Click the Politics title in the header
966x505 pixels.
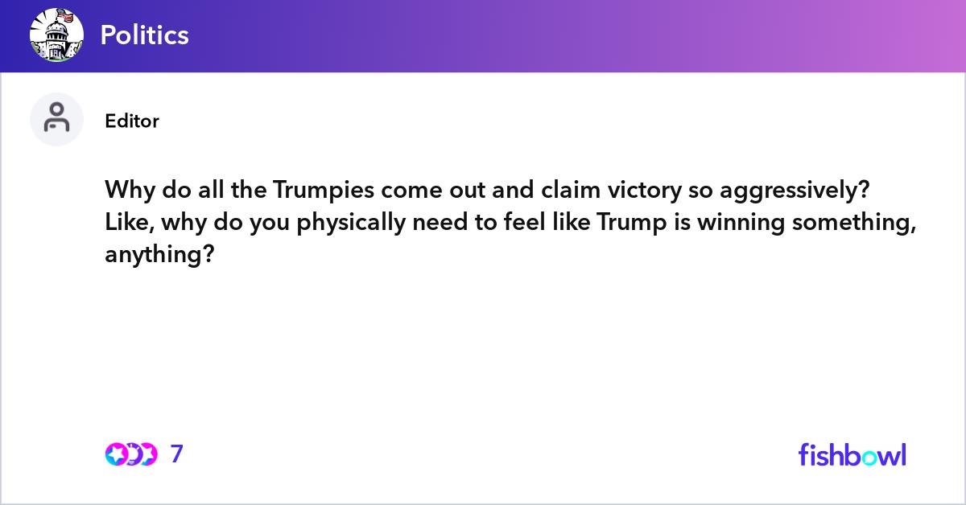click(145, 35)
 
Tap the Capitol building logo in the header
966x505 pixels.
click(56, 35)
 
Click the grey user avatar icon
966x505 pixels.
click(56, 119)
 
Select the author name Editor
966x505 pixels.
click(132, 121)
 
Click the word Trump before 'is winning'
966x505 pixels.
click(626, 223)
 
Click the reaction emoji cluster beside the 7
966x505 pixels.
click(131, 454)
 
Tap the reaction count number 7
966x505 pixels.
click(177, 454)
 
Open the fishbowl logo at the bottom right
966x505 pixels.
click(852, 454)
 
